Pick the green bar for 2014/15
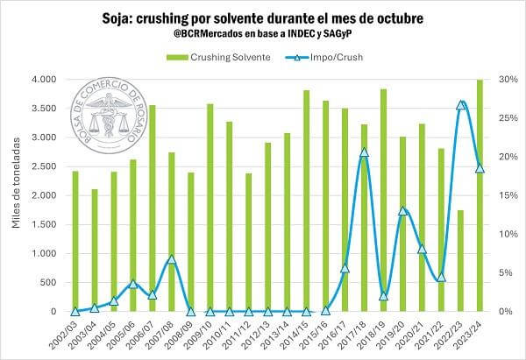click(306, 201)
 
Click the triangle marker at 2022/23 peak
click(461, 105)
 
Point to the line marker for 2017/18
click(364, 153)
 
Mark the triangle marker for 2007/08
click(171, 259)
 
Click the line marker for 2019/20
click(402, 211)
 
